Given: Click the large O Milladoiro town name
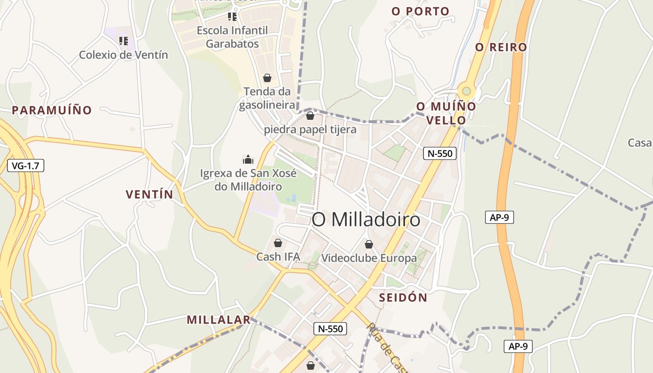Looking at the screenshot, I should coord(366,220).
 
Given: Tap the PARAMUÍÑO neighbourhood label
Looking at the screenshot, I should coord(52,111).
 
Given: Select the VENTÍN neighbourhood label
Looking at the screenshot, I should coord(149,194).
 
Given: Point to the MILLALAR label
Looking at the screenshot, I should coord(218,320).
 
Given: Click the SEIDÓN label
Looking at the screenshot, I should coord(403,297).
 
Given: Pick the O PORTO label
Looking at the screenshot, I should coord(420,11).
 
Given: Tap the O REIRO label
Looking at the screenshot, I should coord(501,47).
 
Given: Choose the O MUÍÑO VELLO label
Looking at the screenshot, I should coord(446,113).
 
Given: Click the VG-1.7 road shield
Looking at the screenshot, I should coord(26,165).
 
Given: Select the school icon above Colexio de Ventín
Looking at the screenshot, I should coord(123,41).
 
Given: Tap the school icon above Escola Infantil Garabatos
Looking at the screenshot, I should coord(232,17).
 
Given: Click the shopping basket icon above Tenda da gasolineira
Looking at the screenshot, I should coord(267,77).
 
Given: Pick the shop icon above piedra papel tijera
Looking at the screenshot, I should coord(310,115).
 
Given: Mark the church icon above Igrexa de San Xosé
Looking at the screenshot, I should coord(248,159).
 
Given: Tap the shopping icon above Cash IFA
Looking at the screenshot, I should coord(278,243).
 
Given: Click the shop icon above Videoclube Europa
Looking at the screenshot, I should coord(369,244).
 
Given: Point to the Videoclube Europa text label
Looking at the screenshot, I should coord(369,258).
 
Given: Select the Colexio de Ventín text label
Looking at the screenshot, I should coord(123,55).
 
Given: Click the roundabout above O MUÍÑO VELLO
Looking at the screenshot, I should coord(465,90).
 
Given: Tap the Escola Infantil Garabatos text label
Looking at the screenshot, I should coord(232,37).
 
